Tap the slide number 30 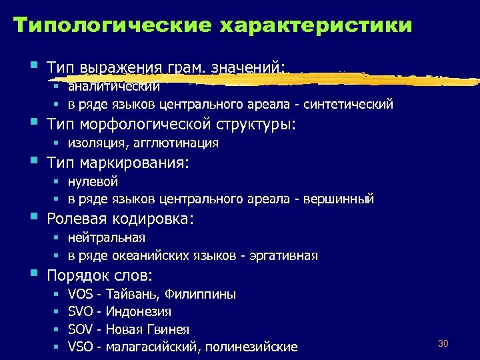point(444,343)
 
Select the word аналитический point(114,86)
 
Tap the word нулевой point(93,181)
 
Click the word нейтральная point(107,237)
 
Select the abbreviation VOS point(81,294)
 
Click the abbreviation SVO point(81,312)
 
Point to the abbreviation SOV point(81,329)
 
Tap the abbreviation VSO point(81,347)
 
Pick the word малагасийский point(152,347)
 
